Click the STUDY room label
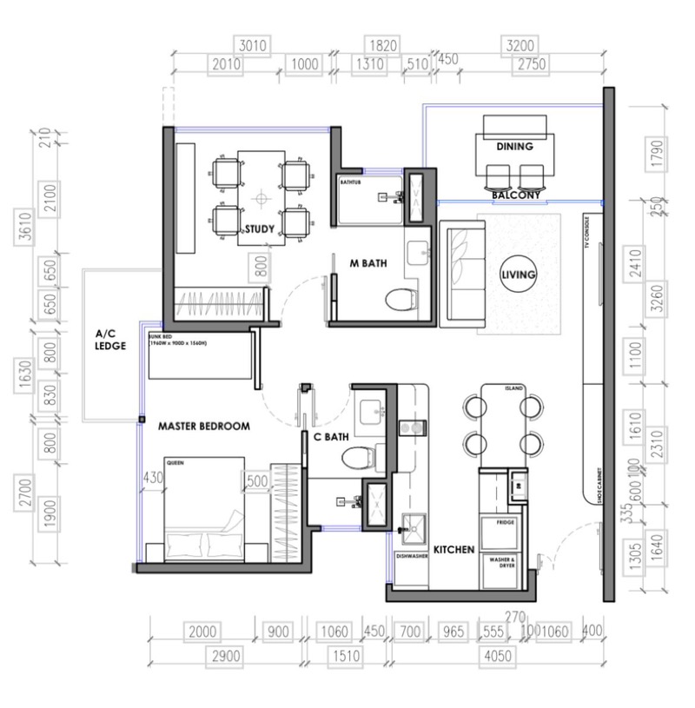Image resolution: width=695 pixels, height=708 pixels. (x=260, y=229)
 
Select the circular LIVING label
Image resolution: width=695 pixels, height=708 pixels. (x=519, y=275)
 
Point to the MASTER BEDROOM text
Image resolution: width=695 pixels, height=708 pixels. (x=204, y=427)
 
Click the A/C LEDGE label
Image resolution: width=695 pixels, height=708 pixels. (x=111, y=339)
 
